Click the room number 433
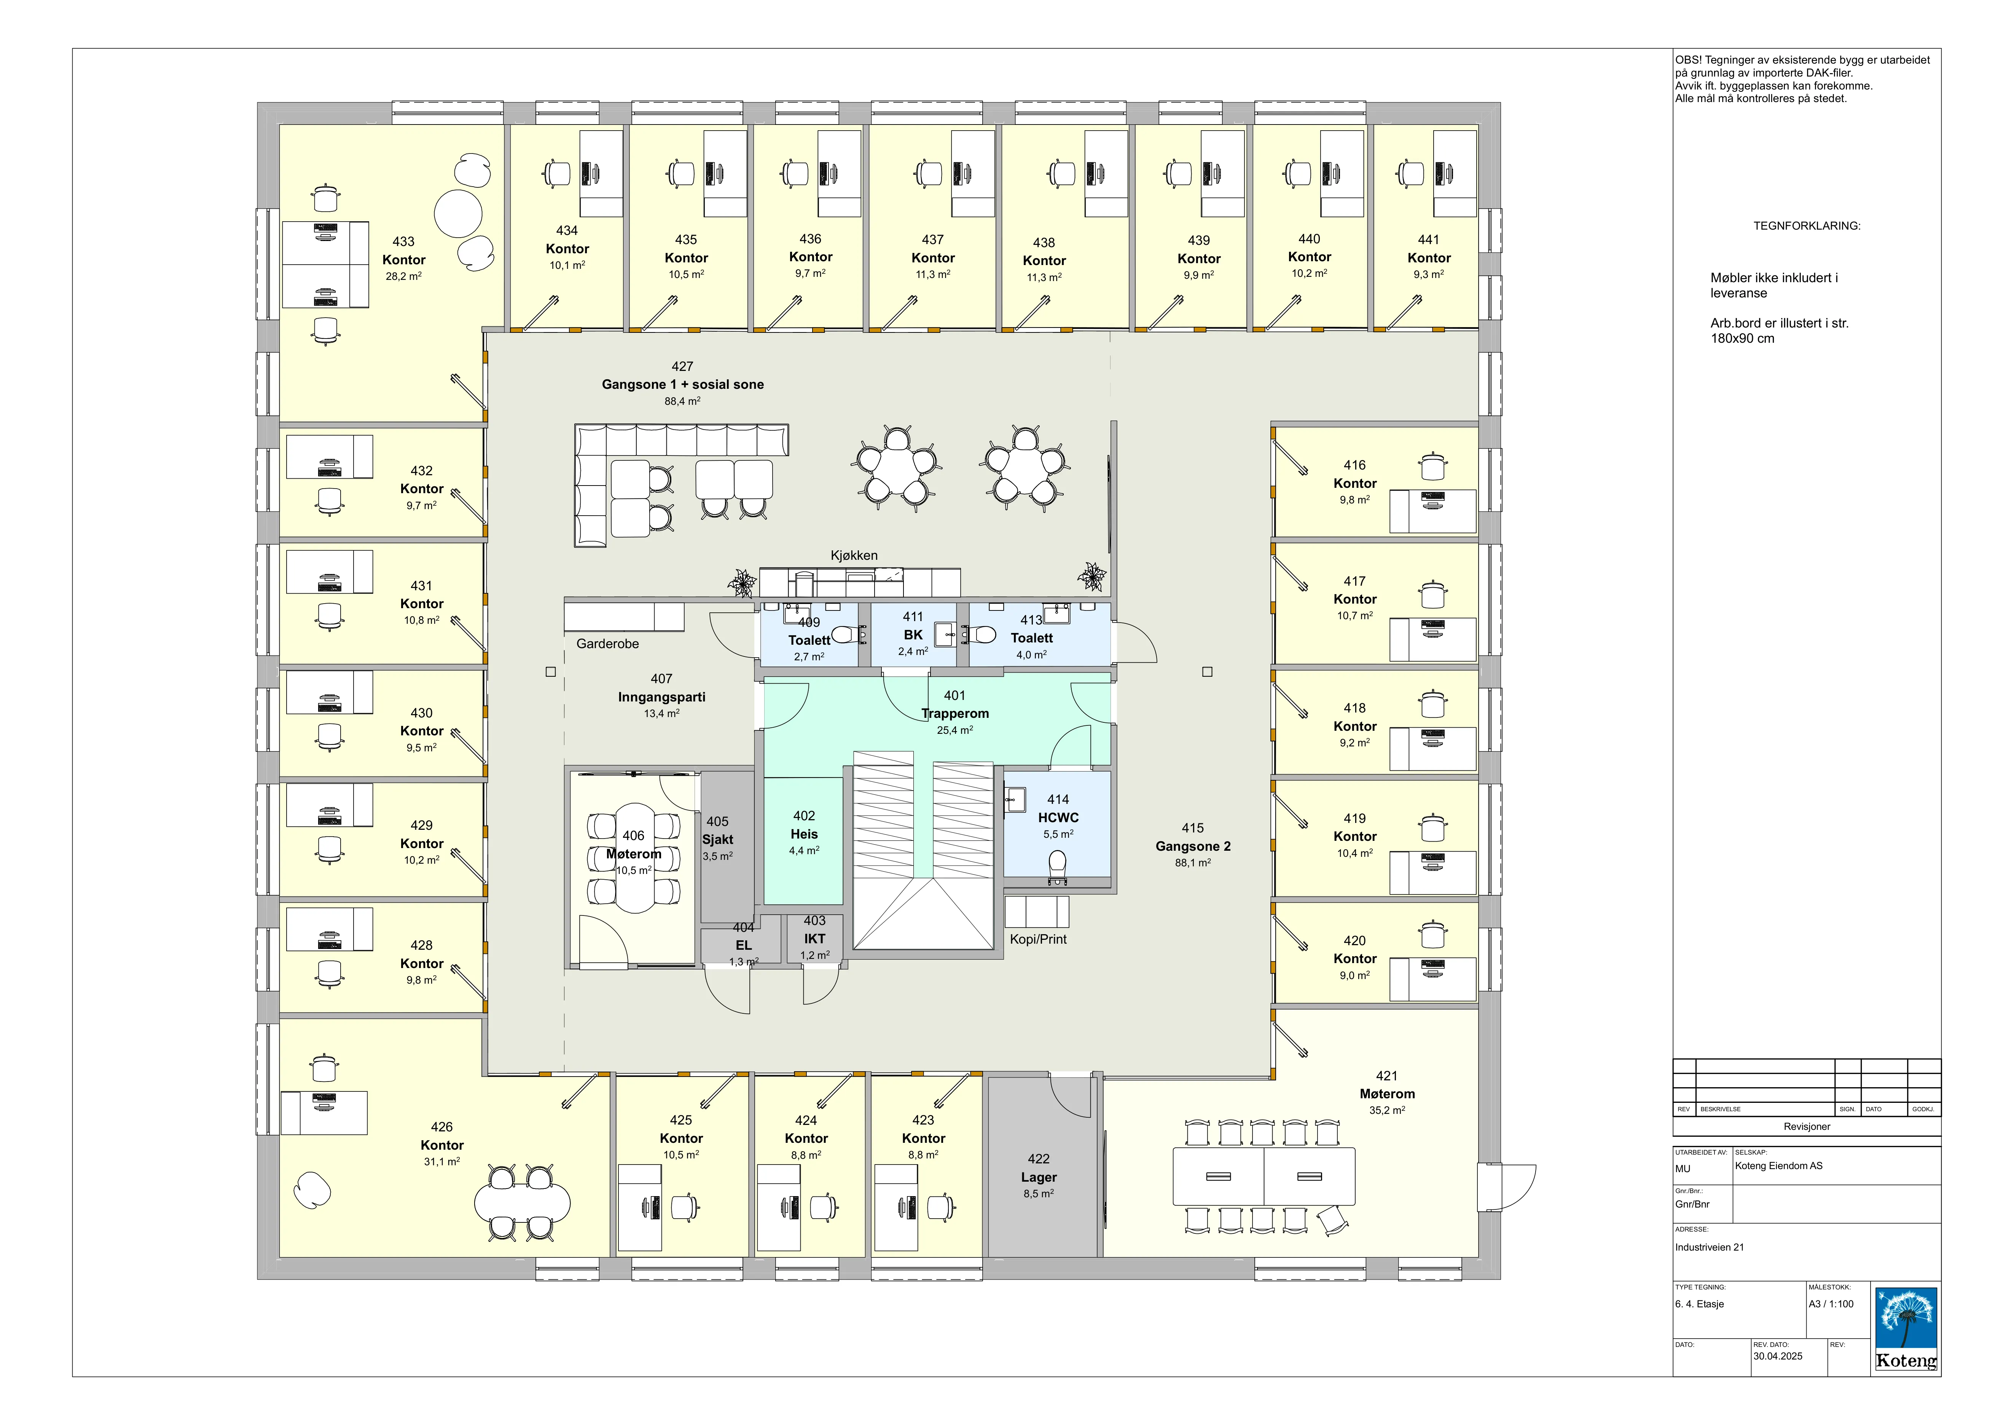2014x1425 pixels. click(x=403, y=241)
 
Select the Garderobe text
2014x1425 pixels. click(x=607, y=644)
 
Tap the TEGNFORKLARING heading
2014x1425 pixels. click(x=1807, y=225)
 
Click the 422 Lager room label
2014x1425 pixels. click(x=1039, y=1168)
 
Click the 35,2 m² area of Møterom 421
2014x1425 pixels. click(x=1387, y=1110)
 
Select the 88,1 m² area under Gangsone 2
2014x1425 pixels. click(x=1193, y=863)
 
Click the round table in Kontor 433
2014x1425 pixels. click(x=458, y=213)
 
